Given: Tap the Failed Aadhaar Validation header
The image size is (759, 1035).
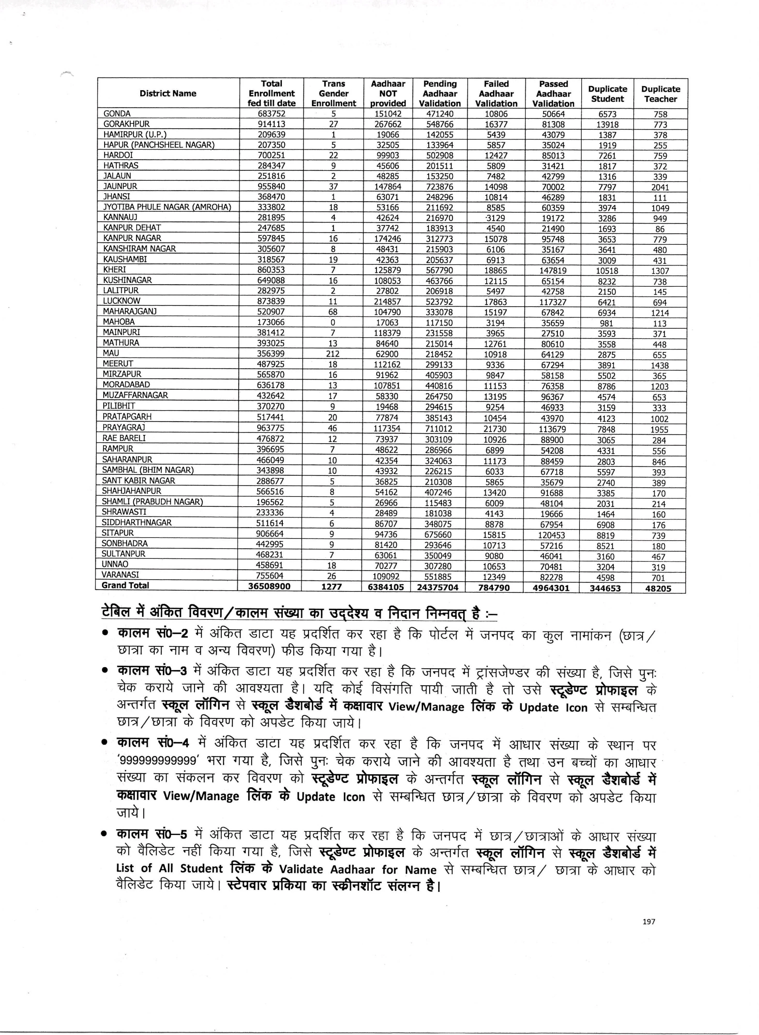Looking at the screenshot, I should click(x=496, y=94).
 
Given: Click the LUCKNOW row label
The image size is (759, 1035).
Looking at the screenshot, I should click(x=122, y=301).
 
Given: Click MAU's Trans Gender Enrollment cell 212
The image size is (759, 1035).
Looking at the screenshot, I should click(x=333, y=354).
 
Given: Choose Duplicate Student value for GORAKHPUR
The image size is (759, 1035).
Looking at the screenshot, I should click(x=607, y=124).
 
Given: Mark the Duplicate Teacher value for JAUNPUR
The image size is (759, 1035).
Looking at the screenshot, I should click(x=660, y=187).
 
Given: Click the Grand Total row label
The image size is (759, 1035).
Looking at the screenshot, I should click(x=125, y=586).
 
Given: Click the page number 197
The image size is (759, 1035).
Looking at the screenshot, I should click(x=649, y=921).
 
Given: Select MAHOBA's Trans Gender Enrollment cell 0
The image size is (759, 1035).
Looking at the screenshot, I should click(x=333, y=323).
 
